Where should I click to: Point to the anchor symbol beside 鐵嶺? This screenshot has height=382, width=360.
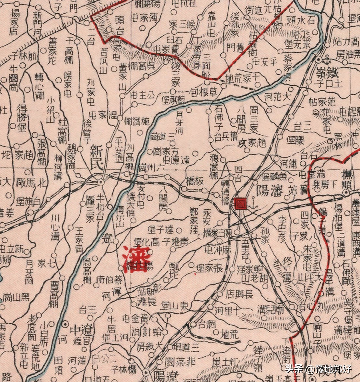(x=327, y=61)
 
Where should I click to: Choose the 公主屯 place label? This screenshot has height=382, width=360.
(x=143, y=96)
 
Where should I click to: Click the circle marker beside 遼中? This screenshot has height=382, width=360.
(x=65, y=324)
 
